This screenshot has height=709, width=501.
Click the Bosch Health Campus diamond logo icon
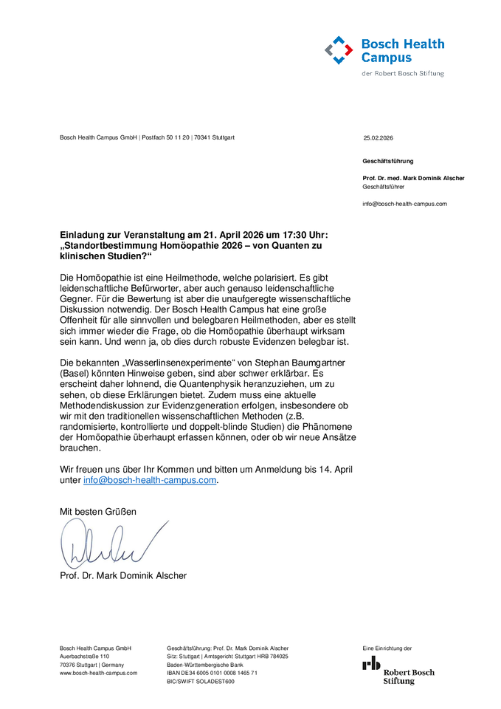click(x=339, y=50)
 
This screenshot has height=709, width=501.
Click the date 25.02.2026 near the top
click(x=378, y=138)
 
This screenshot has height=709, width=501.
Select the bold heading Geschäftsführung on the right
click(x=388, y=161)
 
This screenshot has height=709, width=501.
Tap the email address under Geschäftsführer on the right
click(x=404, y=204)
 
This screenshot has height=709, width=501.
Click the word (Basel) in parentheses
click(x=75, y=374)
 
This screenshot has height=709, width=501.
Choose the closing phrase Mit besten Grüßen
click(x=98, y=511)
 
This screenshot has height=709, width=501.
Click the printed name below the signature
click(x=123, y=575)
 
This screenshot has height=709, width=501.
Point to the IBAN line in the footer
click(x=212, y=673)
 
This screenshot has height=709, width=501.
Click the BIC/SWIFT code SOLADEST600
click(x=201, y=682)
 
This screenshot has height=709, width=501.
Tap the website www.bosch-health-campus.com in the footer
click(x=98, y=673)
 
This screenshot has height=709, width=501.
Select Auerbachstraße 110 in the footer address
click(x=84, y=656)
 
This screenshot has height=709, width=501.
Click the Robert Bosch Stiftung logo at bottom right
click(x=398, y=669)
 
